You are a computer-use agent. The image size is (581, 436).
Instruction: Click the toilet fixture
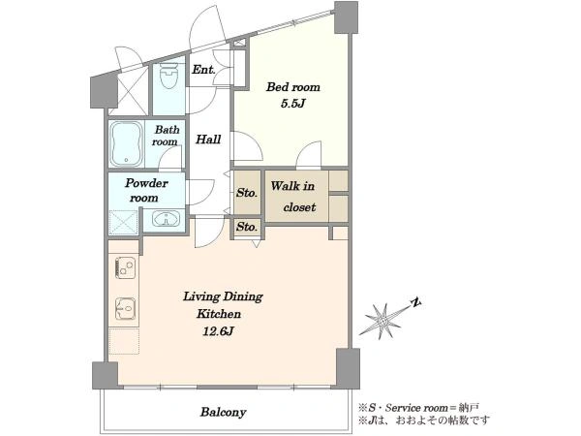pyautogui.click(x=168, y=76)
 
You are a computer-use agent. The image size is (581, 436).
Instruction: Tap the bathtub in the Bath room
pyautogui.click(x=127, y=143)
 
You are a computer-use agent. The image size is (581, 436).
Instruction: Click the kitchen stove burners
pyautogui.click(x=126, y=266)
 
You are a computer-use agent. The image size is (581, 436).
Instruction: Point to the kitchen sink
pyautogui.click(x=126, y=308)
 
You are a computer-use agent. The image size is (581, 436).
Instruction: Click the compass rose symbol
pyautogui.click(x=383, y=320)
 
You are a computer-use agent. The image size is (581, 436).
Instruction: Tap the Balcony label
pyautogui.click(x=223, y=412)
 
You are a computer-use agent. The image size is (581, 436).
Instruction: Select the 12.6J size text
pyautogui.click(x=218, y=330)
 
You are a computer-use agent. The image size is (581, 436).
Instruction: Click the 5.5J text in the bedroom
pyautogui.click(x=292, y=104)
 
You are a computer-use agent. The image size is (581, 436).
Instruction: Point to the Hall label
pyautogui.click(x=208, y=140)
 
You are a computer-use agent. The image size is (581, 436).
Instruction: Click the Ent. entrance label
pyautogui.click(x=203, y=70)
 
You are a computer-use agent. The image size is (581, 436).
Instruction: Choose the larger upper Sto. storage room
pyautogui.click(x=247, y=193)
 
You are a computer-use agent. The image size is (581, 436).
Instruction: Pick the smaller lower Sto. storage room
pyautogui.click(x=247, y=227)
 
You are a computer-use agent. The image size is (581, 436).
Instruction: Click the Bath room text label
pyautogui.click(x=167, y=136)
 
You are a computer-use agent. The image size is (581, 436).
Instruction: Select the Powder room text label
pyautogui.click(x=145, y=190)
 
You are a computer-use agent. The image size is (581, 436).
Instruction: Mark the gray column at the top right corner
pyautogui.click(x=346, y=17)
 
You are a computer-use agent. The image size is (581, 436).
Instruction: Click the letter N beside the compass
pyautogui.click(x=416, y=302)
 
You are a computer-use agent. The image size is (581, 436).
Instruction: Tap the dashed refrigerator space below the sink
pyautogui.click(x=125, y=341)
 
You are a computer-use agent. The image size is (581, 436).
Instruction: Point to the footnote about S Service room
pyautogui.click(x=418, y=408)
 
